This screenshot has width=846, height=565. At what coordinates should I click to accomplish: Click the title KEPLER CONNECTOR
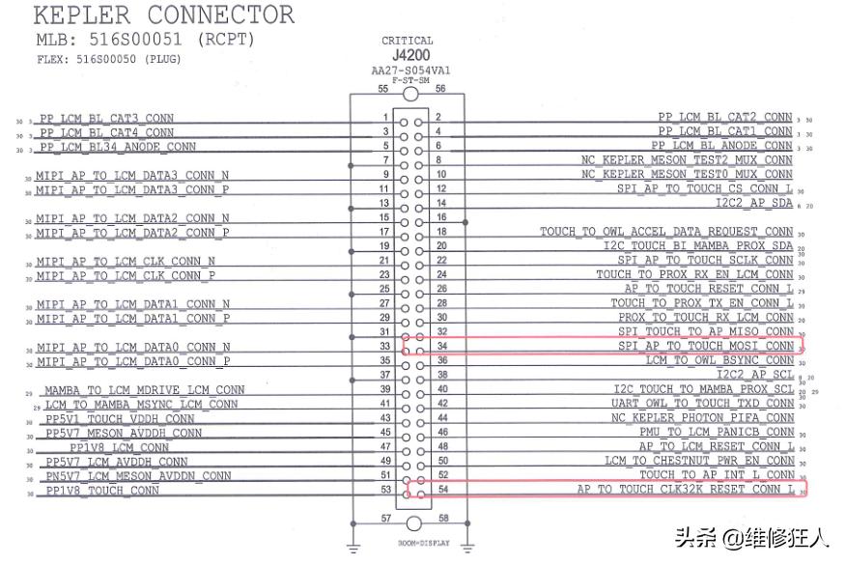pyautogui.click(x=164, y=16)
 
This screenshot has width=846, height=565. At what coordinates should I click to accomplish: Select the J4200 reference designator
pyautogui.click(x=410, y=55)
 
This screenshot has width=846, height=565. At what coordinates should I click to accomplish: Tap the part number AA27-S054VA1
pyautogui.click(x=410, y=71)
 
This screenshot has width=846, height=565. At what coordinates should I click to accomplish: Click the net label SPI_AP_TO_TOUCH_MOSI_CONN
pyautogui.click(x=706, y=346)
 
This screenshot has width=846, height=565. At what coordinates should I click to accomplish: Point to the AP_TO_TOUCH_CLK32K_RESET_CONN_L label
pyautogui.click(x=686, y=490)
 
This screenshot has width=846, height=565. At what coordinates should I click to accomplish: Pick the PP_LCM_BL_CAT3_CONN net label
pyautogui.click(x=107, y=118)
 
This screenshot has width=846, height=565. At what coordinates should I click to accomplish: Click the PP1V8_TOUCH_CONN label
pyautogui.click(x=102, y=491)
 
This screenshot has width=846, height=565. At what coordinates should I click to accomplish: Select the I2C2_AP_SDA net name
pyautogui.click(x=753, y=204)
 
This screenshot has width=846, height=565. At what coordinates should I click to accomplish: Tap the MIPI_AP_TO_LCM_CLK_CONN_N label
pyautogui.click(x=127, y=262)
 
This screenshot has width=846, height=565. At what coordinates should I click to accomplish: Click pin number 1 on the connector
pyautogui.click(x=384, y=117)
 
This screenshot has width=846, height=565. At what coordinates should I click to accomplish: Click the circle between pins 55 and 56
pyautogui.click(x=412, y=93)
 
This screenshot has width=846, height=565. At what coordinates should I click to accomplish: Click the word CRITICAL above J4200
pyautogui.click(x=408, y=41)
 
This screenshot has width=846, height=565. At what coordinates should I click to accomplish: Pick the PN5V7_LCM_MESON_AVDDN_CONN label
pyautogui.click(x=138, y=476)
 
